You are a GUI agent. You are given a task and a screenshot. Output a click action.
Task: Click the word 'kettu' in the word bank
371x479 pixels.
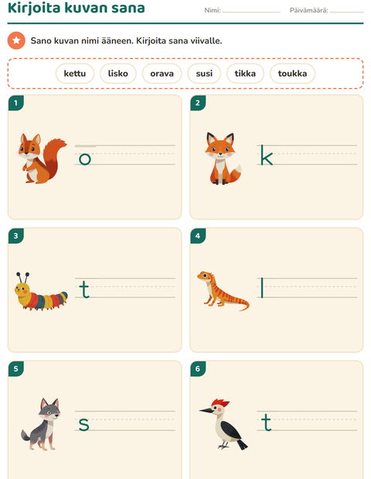75,73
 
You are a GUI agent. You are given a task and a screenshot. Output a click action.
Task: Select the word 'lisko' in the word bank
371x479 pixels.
118,73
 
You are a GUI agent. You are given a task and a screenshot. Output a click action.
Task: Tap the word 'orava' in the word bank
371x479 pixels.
162,73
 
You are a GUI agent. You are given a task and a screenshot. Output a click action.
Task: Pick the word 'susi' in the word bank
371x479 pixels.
204,73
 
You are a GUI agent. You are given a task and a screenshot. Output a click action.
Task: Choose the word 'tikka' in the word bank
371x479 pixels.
245,73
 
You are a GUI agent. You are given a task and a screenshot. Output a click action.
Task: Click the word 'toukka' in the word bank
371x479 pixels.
292,73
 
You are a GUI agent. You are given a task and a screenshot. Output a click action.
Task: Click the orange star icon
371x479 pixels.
16,40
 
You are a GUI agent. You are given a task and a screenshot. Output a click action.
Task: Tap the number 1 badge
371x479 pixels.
16,103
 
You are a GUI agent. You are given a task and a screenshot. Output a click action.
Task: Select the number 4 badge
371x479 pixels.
198,236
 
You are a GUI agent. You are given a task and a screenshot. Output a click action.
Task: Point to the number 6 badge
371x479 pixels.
198,369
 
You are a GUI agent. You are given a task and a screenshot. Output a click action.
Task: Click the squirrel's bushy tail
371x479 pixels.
54,156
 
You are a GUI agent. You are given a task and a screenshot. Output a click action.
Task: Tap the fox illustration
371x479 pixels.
223,158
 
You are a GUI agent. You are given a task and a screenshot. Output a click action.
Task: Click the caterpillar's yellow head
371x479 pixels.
22,290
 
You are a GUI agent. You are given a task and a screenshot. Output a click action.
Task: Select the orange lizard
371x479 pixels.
223,290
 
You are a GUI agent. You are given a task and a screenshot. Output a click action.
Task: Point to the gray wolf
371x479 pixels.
41,424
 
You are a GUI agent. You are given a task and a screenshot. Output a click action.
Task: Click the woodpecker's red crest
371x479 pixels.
220,403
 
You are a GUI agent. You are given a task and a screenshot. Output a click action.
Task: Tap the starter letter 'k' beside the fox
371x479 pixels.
267,155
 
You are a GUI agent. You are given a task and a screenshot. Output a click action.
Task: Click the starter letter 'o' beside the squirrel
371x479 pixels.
85,159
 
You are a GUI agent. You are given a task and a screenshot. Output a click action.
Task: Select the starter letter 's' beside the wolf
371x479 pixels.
84,425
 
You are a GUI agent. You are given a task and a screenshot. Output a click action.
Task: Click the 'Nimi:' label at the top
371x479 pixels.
213,10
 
